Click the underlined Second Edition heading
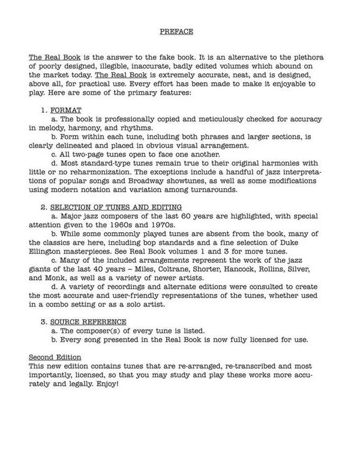(x=55, y=357)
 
